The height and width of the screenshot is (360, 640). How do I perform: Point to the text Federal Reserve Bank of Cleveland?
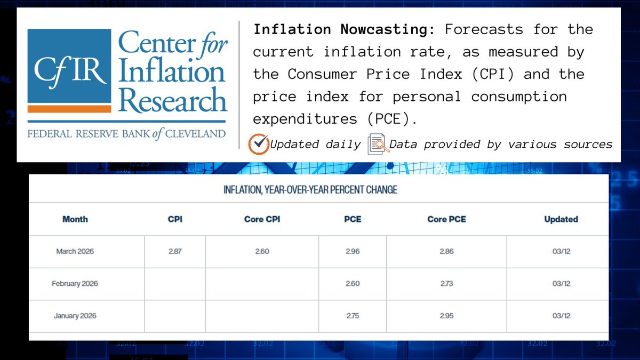[126, 134]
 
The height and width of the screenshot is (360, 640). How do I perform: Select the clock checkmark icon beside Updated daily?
[259, 144]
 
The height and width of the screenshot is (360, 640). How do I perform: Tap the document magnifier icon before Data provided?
[378, 144]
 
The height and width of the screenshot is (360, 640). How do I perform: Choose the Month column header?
[75, 219]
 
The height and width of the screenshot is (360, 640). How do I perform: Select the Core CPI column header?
[262, 219]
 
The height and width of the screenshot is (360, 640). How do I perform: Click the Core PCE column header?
[446, 219]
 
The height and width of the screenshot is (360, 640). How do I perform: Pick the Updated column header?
[561, 219]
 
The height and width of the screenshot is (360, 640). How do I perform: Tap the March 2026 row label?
[75, 251]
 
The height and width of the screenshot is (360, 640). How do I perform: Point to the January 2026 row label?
[75, 316]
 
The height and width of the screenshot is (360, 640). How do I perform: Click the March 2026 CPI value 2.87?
[175, 251]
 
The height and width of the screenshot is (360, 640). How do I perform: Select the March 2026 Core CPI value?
[262, 251]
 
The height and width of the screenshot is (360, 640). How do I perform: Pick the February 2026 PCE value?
[353, 284]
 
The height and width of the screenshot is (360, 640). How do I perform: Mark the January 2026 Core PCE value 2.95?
[446, 316]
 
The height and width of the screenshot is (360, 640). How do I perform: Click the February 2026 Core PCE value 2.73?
[446, 284]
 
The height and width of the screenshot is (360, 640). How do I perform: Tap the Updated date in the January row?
[561, 316]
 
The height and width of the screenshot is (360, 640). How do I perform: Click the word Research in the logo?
[172, 100]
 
